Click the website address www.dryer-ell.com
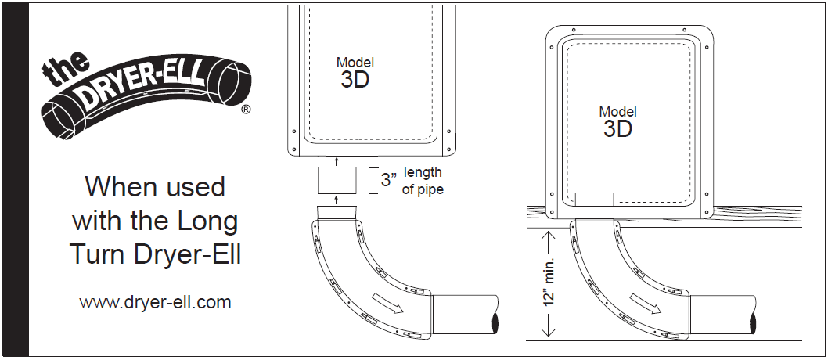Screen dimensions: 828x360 pyautogui.click(x=155, y=302)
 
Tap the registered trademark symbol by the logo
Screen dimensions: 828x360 pyautogui.click(x=246, y=110)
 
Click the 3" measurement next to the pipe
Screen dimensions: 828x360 pyautogui.click(x=389, y=179)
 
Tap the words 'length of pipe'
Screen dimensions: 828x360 pyautogui.click(x=423, y=181)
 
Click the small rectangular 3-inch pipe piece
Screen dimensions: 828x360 pyautogui.click(x=337, y=180)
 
